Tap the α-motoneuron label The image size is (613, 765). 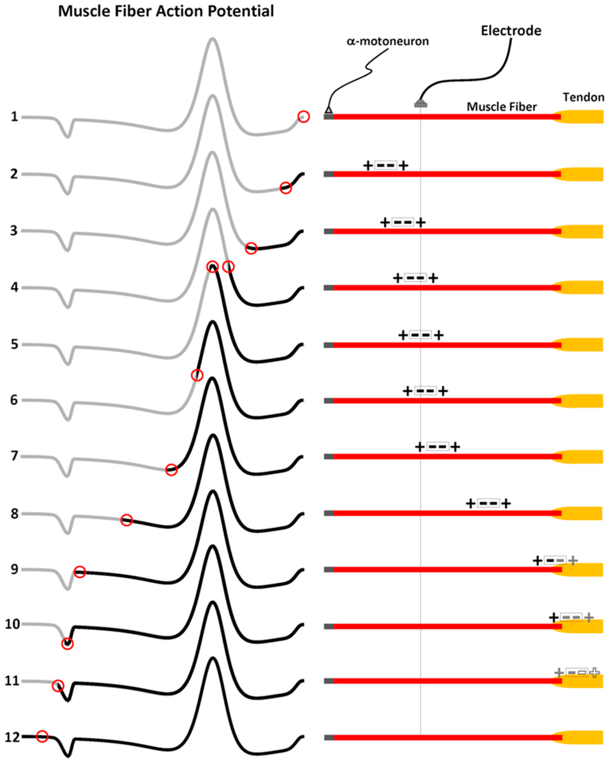pos(388,42)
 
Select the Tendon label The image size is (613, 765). pos(583,97)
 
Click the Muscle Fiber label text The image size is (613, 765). pos(501,107)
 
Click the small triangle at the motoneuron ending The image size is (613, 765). pos(329,110)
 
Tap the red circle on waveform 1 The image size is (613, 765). pos(303,116)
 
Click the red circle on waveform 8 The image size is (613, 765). pos(127,520)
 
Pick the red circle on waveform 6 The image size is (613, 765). pos(197,375)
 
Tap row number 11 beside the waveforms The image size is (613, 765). pos(12,681)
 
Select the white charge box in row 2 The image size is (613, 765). pos(386,165)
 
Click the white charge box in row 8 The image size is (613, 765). pos(488,503)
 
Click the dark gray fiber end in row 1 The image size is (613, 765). pos(329,116)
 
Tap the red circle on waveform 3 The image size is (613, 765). pos(251,248)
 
